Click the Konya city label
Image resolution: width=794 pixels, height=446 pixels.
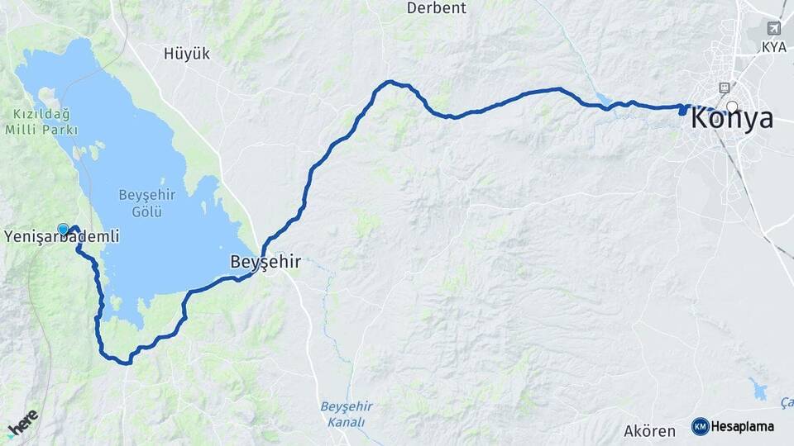pyautogui.click(x=732, y=119)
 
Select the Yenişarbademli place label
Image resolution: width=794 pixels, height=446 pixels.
pyautogui.click(x=61, y=237)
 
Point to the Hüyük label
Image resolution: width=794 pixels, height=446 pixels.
pyautogui.click(x=187, y=54)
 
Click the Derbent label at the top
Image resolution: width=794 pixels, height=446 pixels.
pyautogui.click(x=437, y=8)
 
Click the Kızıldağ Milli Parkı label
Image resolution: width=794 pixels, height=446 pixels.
pyautogui.click(x=41, y=121)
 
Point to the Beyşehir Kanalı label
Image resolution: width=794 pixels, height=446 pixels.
pyautogui.click(x=346, y=415)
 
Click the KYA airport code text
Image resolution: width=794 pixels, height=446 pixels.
pyautogui.click(x=774, y=47)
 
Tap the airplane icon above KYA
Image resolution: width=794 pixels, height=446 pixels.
pyautogui.click(x=774, y=29)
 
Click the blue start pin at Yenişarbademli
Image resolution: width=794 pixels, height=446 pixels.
pyautogui.click(x=63, y=229)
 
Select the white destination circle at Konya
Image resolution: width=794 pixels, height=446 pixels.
pyautogui.click(x=732, y=106)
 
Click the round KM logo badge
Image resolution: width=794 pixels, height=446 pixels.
pyautogui.click(x=700, y=426)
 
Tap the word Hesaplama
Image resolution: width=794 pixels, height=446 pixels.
pyautogui.click(x=742, y=427)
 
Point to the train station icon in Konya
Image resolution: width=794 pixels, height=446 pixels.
pyautogui.click(x=725, y=88)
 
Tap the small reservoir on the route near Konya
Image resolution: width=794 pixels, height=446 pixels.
pyautogui.click(x=603, y=101)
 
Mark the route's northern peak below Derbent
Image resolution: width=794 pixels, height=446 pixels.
pyautogui.click(x=390, y=82)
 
